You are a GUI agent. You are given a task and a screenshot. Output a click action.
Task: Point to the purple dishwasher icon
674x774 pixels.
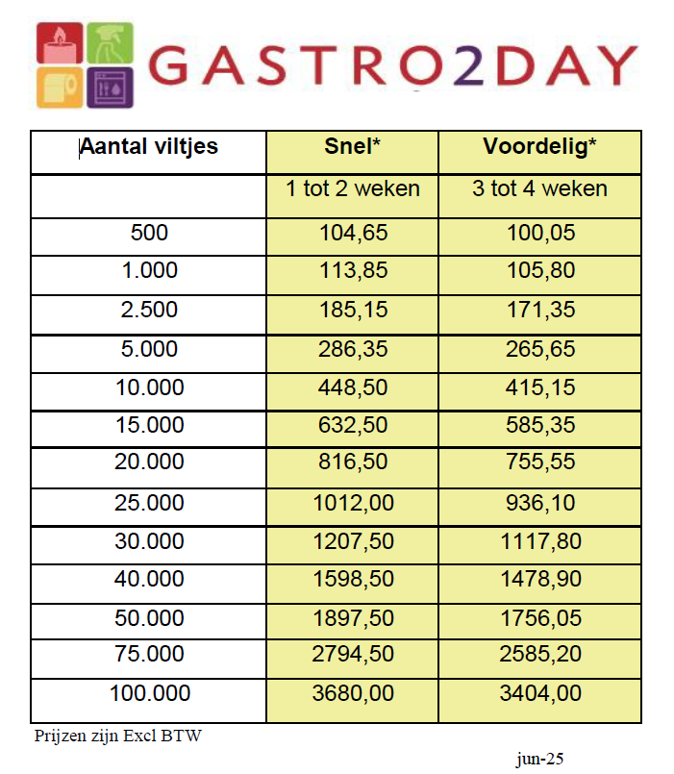pyautogui.click(x=110, y=88)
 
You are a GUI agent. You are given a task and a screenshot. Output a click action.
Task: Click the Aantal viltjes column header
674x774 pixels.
pyautogui.click(x=148, y=147)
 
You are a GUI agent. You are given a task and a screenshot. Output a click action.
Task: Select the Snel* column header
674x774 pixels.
pyautogui.click(x=353, y=147)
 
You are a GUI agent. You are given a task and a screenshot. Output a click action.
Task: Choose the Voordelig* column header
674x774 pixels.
pyautogui.click(x=539, y=147)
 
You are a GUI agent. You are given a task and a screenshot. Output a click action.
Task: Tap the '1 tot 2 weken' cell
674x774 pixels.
pyautogui.click(x=353, y=188)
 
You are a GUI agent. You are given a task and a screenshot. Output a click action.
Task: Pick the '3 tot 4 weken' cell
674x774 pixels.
pyautogui.click(x=539, y=188)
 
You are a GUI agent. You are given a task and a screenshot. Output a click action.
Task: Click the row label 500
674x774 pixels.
pyautogui.click(x=148, y=233)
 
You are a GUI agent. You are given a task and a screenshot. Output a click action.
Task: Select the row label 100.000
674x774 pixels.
pyautogui.click(x=148, y=693)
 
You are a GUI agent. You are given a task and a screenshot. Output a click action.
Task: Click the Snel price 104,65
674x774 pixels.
pyautogui.click(x=353, y=233)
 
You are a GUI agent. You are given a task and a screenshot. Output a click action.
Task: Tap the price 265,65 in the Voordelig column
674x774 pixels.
pyautogui.click(x=539, y=348)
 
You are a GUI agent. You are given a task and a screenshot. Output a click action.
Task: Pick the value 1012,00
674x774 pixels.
pyautogui.click(x=353, y=501)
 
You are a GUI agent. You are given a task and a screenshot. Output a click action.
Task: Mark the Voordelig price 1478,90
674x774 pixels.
pyautogui.click(x=539, y=578)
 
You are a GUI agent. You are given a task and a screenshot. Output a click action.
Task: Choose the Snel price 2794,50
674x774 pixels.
pyautogui.click(x=353, y=655)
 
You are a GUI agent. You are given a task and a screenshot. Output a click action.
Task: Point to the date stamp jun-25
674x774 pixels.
pyautogui.click(x=539, y=759)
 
